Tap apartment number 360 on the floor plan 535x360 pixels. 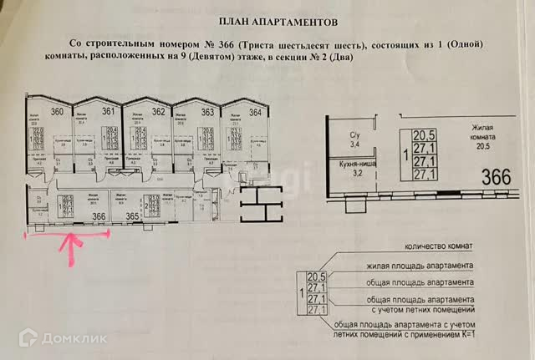click(57, 112)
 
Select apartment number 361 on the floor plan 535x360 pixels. click(109, 111)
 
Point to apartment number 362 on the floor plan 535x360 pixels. click(159, 112)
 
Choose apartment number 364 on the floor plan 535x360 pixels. click(256, 112)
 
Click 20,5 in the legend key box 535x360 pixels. click(315, 277)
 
